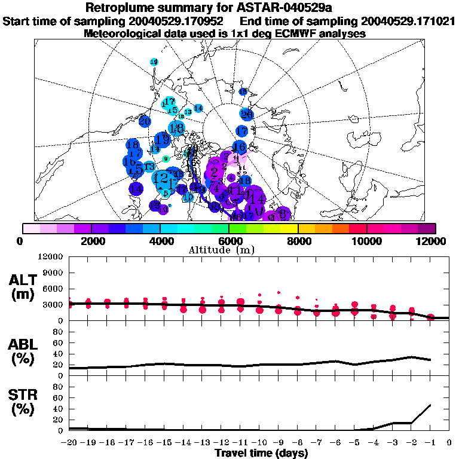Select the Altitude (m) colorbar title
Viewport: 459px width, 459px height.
pos(229,250)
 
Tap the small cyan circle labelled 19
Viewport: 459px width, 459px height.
pos(154,62)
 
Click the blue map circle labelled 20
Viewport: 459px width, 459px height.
pos(144,121)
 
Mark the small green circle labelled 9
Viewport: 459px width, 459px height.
pos(166,158)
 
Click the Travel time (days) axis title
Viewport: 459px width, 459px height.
pos(261,454)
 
